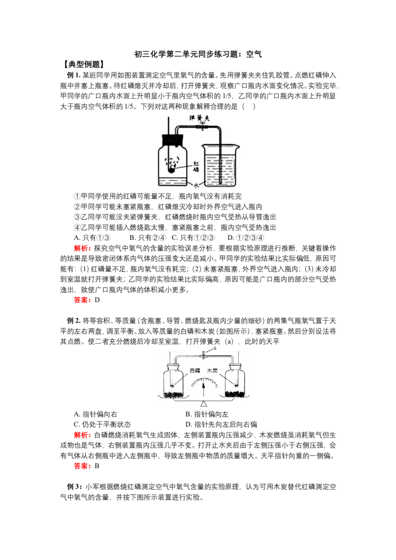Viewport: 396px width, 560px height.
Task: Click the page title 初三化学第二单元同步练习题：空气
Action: click(x=198, y=54)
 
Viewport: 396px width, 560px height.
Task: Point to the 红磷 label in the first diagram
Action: click(x=196, y=166)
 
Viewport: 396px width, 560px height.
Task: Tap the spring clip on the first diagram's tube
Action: click(x=202, y=126)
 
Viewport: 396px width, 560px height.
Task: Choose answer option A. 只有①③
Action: click(x=92, y=238)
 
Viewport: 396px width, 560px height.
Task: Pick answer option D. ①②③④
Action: click(x=246, y=238)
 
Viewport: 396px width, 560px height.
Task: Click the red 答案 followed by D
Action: click(x=87, y=300)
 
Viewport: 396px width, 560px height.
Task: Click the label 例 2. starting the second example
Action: click(x=74, y=321)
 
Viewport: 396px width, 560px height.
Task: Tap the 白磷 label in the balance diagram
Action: click(x=195, y=371)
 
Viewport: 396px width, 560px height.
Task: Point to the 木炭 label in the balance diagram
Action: click(x=212, y=371)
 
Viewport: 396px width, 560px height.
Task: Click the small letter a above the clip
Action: click(x=215, y=347)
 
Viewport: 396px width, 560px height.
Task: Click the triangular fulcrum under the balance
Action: click(x=204, y=404)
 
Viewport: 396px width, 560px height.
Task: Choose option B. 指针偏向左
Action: click(x=207, y=414)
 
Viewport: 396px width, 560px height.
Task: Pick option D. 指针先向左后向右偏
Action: click(x=221, y=424)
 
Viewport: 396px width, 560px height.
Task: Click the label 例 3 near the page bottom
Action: click(x=74, y=487)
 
